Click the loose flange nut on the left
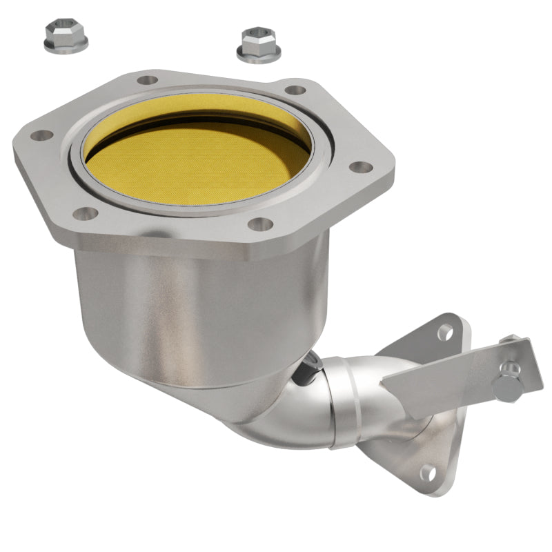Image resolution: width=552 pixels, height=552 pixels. (65, 39)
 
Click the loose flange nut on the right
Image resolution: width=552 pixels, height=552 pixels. (259, 45)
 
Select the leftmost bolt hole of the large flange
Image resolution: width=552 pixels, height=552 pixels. (41, 135)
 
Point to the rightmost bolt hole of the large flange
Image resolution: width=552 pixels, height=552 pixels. (360, 167)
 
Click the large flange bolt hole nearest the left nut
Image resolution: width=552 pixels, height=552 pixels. (147, 80)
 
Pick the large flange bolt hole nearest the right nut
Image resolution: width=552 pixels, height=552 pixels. (295, 90)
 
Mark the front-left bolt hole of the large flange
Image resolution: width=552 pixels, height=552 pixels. (85, 213)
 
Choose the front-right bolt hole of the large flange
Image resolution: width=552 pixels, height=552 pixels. (259, 224)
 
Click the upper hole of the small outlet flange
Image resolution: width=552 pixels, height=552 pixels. (445, 332)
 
